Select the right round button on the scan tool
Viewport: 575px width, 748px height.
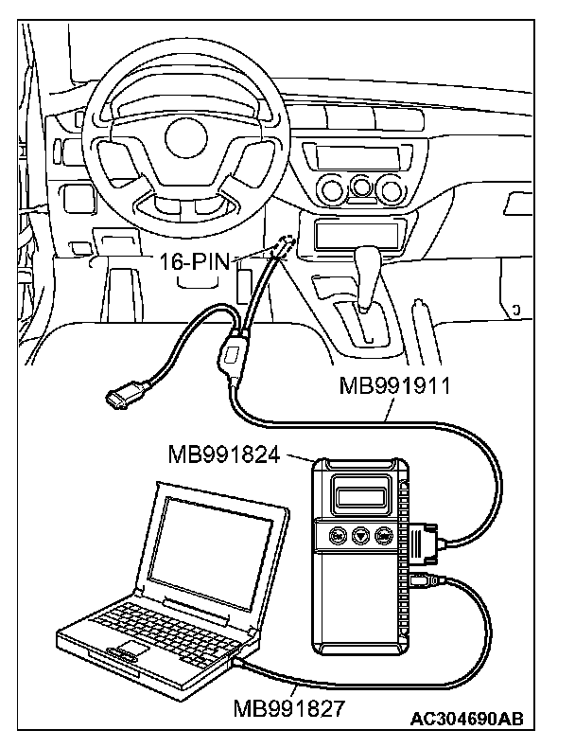[x=385, y=536]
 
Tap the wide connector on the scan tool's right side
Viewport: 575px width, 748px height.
[x=424, y=545]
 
